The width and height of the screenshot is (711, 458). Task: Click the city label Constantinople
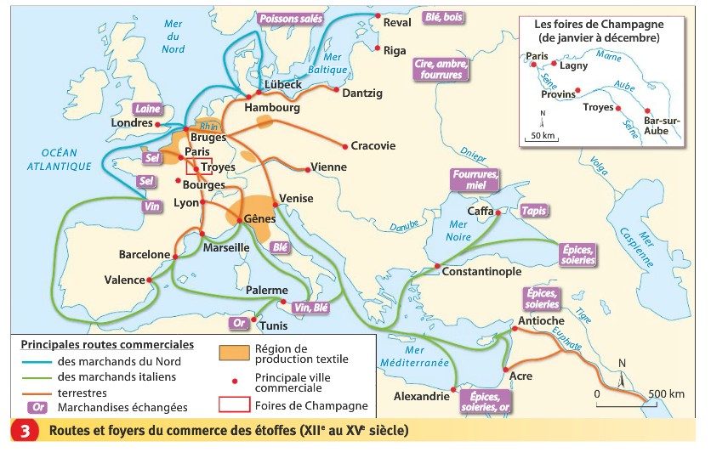point(481,272)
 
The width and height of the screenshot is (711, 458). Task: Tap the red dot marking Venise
point(274,205)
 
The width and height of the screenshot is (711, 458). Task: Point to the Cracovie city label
point(373,146)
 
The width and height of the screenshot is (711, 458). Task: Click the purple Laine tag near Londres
point(147,109)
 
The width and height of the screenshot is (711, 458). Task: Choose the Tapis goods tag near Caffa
point(532,211)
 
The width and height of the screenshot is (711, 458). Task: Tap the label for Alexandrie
point(421,397)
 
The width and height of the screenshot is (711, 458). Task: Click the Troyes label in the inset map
point(598,107)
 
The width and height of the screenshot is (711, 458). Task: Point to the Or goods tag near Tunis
point(240,323)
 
